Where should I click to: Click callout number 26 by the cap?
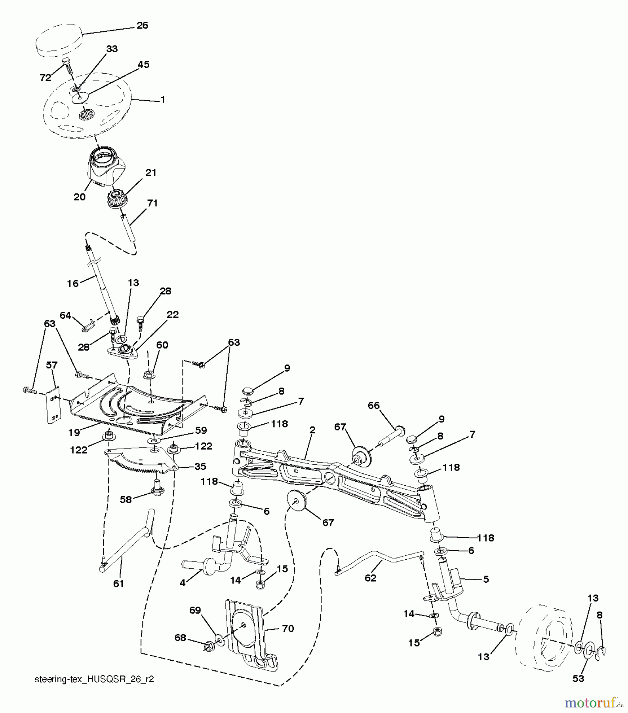142,25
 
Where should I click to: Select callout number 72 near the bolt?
46,78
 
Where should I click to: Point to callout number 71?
152,203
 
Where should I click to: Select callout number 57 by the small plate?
52,365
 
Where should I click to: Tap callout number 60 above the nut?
162,345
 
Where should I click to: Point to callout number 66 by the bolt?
373,405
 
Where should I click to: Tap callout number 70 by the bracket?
288,629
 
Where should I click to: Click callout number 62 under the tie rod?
370,578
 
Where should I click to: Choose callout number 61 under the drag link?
118,583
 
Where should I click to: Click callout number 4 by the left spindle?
182,583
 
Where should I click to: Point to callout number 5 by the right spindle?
485,579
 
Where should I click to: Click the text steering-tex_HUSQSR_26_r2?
94,679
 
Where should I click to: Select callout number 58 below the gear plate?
126,499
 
